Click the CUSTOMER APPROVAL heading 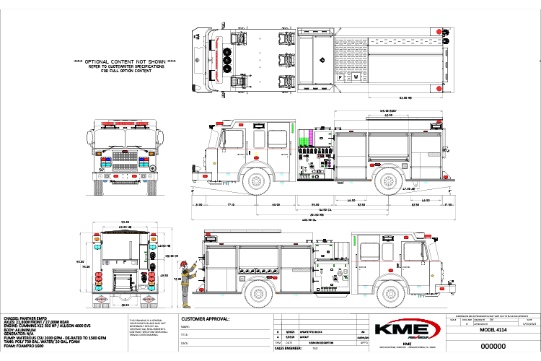coord(205,318)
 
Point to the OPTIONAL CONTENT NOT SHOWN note coord(126,63)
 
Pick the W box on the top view coord(355,76)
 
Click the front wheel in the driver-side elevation coord(257,181)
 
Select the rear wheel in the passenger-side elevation coord(259,294)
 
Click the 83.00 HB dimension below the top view coord(405,96)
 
